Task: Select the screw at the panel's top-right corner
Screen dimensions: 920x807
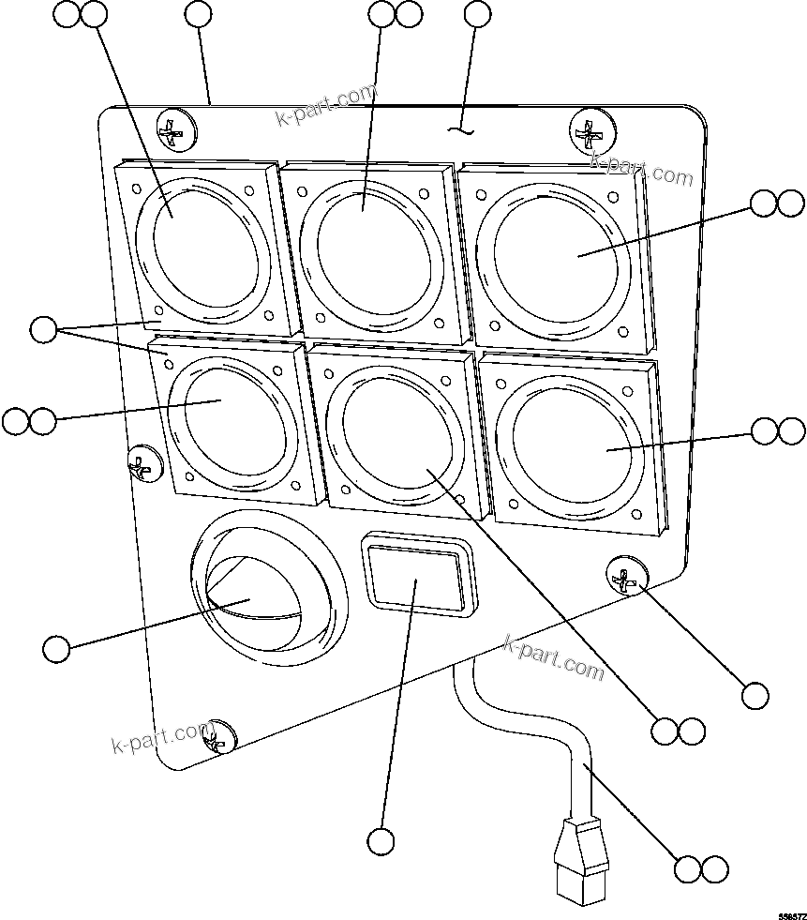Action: coord(591,133)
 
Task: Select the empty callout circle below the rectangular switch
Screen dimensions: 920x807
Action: coord(381,841)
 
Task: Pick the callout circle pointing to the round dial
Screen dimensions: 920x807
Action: coord(56,649)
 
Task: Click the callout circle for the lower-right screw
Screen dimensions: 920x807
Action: coord(755,695)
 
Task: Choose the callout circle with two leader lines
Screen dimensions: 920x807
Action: coord(43,329)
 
